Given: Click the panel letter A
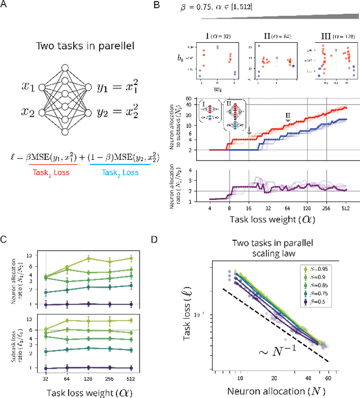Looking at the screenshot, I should tap(7, 6).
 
